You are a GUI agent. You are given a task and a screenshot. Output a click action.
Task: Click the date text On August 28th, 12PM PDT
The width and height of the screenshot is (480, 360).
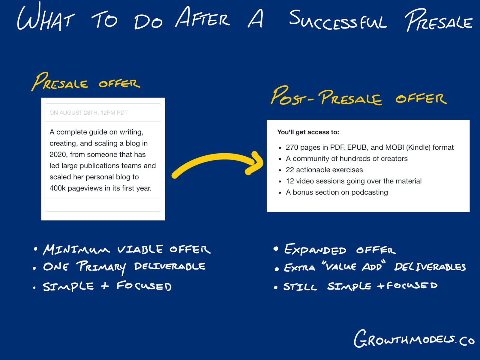(x=88, y=113)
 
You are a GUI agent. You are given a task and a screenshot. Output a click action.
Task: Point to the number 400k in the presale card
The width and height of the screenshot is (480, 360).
(x=57, y=188)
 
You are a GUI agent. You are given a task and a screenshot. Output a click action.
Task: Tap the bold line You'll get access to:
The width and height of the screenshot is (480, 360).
(x=308, y=132)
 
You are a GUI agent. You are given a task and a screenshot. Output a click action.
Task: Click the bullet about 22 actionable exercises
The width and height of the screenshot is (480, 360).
(x=324, y=170)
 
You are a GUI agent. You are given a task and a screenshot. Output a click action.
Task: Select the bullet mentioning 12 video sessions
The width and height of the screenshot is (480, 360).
(x=353, y=181)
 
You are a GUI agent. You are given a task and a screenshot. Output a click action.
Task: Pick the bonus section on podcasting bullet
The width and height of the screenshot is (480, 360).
(x=337, y=192)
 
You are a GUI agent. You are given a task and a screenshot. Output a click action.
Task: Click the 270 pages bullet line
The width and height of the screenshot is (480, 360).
(x=369, y=148)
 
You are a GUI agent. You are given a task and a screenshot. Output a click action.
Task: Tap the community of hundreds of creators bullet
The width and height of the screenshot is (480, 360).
(x=346, y=159)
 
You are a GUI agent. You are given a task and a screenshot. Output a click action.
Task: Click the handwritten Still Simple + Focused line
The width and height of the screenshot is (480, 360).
(x=360, y=286)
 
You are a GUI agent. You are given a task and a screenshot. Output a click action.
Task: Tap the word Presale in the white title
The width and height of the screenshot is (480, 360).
(x=438, y=20)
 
